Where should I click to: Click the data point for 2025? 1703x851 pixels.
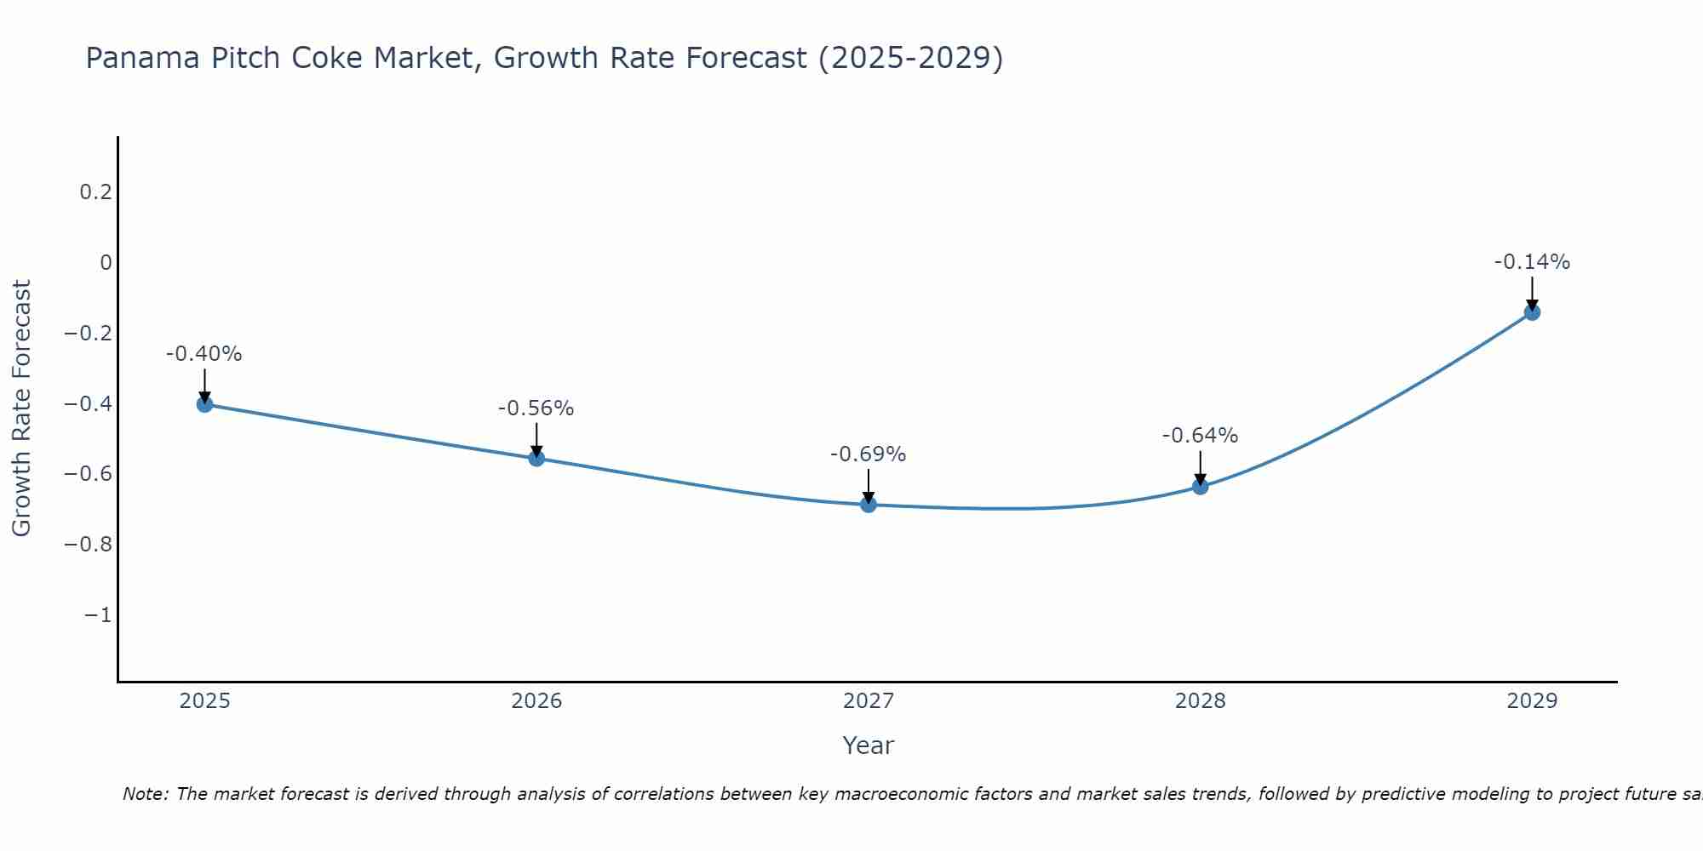(x=204, y=404)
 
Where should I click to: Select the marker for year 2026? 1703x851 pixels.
(x=536, y=459)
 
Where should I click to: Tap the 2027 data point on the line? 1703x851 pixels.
(x=869, y=505)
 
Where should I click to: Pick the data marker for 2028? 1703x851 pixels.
(x=1201, y=487)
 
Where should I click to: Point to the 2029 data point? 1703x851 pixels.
(x=1532, y=312)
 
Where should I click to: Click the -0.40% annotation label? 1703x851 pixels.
(x=204, y=354)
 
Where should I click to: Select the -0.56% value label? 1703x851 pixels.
(x=536, y=408)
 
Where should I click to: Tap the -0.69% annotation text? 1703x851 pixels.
(x=869, y=454)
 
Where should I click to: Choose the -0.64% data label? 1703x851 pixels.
(x=1201, y=436)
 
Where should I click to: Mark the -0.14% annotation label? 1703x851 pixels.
(x=1532, y=262)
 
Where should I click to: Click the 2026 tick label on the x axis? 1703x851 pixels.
(x=536, y=701)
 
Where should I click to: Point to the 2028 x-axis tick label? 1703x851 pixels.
(x=1201, y=701)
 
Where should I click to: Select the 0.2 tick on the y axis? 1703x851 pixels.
(x=95, y=192)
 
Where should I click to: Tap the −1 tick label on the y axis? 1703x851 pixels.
(x=98, y=615)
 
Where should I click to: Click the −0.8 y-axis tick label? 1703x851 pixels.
(x=88, y=545)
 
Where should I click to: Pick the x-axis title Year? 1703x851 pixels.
(x=869, y=745)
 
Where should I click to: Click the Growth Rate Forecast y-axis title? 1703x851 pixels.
(x=21, y=408)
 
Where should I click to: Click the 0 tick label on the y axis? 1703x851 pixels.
(x=106, y=263)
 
